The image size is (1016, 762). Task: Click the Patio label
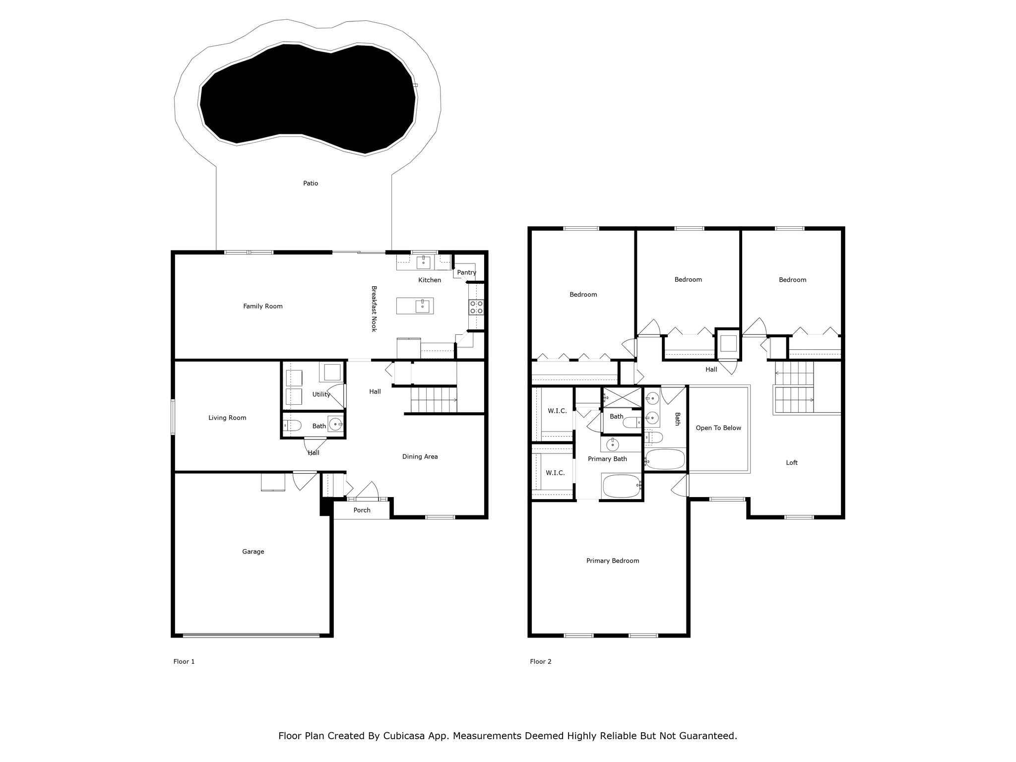(311, 183)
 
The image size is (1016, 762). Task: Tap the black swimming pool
(308, 97)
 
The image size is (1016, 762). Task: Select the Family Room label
(262, 306)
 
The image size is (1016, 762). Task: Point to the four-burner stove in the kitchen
(476, 307)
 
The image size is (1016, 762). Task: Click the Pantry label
(466, 272)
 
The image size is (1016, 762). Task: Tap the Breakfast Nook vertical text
(374, 309)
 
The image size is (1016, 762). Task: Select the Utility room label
(321, 394)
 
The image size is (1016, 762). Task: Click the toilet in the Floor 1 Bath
(293, 425)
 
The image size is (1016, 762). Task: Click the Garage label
(253, 551)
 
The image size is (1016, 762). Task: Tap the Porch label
(362, 510)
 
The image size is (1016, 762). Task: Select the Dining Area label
(420, 456)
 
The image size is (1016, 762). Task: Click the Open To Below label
(718, 428)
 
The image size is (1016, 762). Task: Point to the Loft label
(791, 462)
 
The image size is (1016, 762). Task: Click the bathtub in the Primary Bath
(621, 486)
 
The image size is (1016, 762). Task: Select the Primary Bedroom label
(612, 561)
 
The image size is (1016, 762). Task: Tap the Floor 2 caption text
(540, 661)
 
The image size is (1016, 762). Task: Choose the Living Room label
(227, 418)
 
